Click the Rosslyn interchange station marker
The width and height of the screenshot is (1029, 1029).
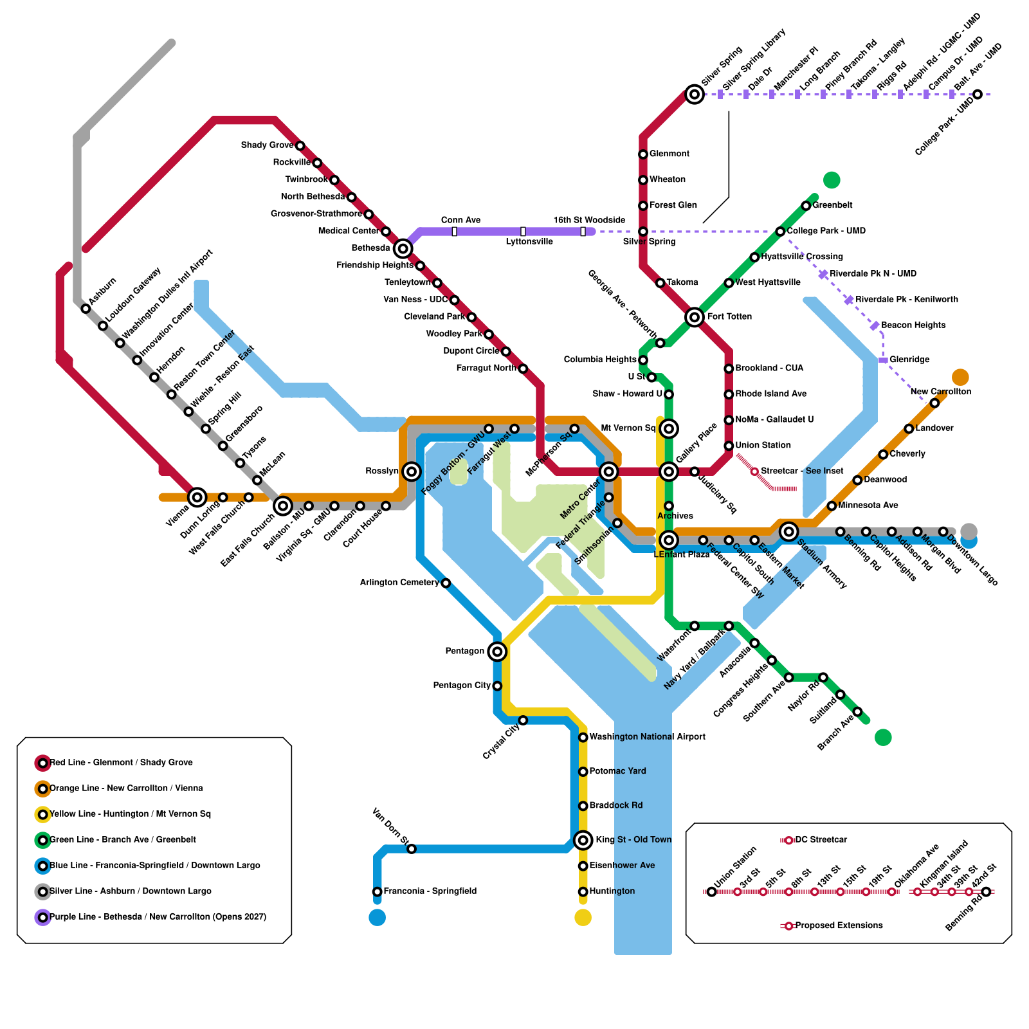point(412,471)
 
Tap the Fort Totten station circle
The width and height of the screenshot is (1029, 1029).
point(695,317)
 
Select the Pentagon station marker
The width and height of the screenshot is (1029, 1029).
point(497,651)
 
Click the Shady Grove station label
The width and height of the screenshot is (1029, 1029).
point(267,145)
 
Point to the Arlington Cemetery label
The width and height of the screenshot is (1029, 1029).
point(399,583)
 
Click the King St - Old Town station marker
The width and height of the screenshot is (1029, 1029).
point(583,840)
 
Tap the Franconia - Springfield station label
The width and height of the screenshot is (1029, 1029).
point(430,891)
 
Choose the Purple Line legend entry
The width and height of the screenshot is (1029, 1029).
point(158,917)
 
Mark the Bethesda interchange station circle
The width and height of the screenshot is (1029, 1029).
point(403,248)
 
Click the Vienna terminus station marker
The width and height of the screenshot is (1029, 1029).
point(197,497)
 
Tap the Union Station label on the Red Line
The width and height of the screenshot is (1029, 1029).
point(763,445)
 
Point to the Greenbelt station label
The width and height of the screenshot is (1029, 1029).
point(832,205)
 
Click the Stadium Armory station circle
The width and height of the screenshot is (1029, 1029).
point(789,531)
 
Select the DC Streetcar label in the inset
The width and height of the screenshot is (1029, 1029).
point(821,840)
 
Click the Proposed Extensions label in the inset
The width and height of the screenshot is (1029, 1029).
point(839,925)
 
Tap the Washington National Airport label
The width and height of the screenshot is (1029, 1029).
point(647,737)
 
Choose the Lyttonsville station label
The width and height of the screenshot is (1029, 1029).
point(529,242)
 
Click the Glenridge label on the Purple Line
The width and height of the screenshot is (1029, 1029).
point(909,360)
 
